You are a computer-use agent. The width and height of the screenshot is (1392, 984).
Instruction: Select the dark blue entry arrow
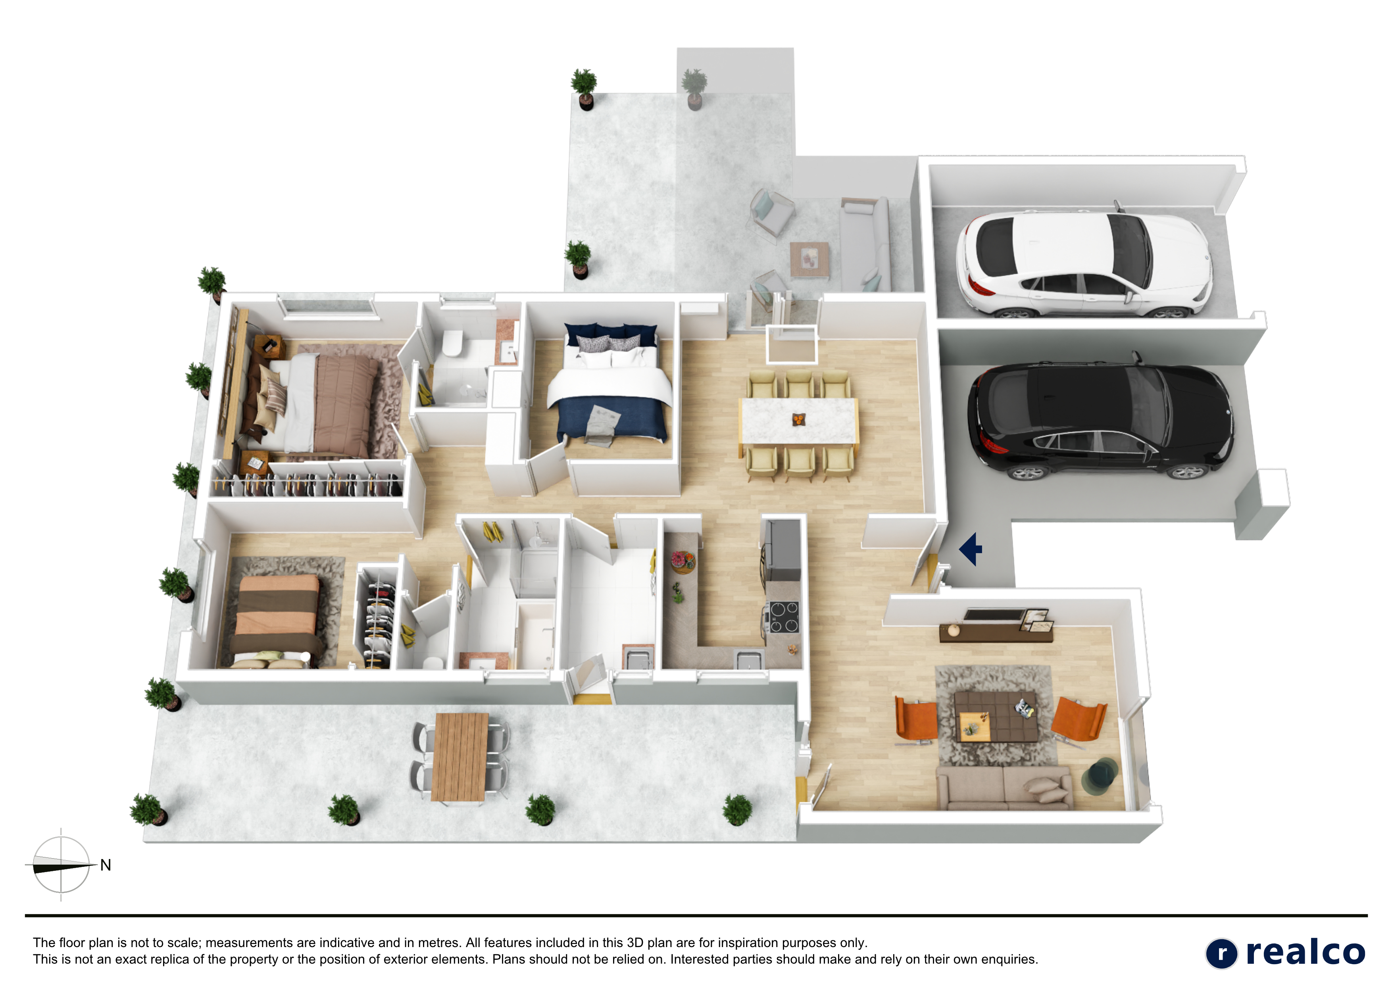coord(971,549)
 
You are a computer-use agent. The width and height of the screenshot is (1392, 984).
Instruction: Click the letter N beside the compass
coord(106,865)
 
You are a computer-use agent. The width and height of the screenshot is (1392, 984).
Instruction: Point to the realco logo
coord(1285,953)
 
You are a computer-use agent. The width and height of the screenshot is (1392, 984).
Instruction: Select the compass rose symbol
coord(61,865)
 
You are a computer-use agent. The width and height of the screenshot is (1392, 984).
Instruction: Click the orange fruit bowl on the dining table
coord(798,418)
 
